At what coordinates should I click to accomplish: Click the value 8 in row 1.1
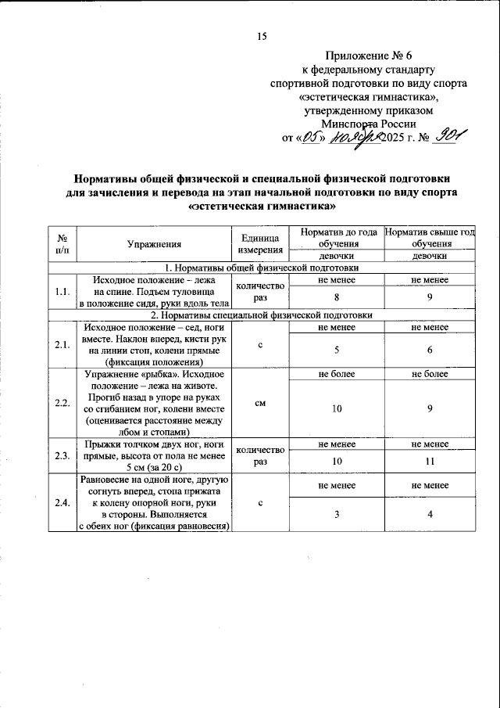pyautogui.click(x=336, y=297)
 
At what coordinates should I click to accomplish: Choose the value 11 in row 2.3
pyautogui.click(x=429, y=462)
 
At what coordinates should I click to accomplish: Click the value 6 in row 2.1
pyautogui.click(x=429, y=350)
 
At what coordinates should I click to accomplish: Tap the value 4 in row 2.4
pyautogui.click(x=429, y=513)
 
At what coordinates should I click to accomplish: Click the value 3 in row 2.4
pyautogui.click(x=336, y=513)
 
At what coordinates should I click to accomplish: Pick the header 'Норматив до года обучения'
pyautogui.click(x=336, y=237)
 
